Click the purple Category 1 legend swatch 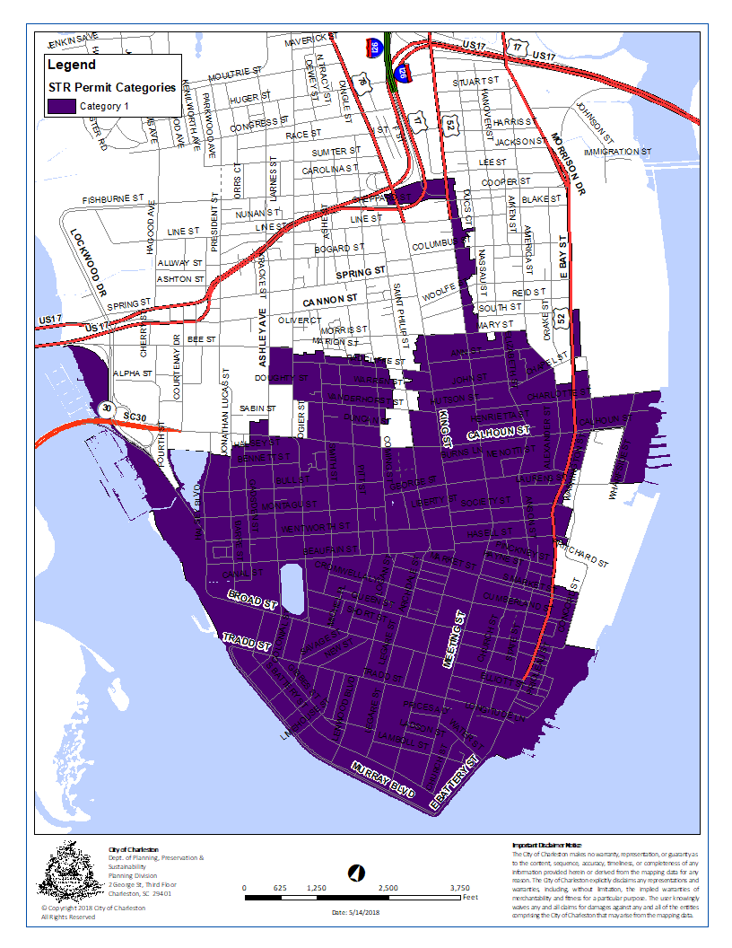[x=62, y=106]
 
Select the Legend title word [x=71, y=66]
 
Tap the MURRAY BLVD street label [x=383, y=779]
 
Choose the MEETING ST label [x=455, y=638]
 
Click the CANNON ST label [x=330, y=297]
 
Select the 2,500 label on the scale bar [x=388, y=887]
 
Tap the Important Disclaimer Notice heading [x=546, y=846]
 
